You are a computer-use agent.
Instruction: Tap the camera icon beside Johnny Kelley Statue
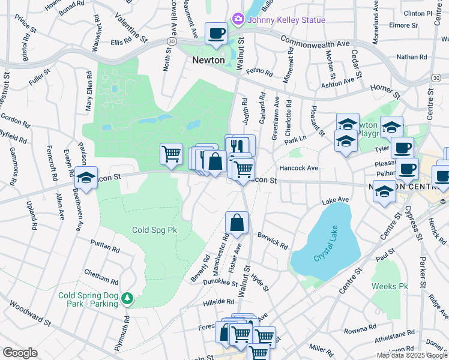pos(238,20)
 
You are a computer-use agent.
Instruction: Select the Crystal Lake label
pos(326,254)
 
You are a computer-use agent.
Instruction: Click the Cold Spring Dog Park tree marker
pos(127,298)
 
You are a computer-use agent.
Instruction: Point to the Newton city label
pos(208,60)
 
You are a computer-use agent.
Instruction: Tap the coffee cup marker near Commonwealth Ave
pos(216,33)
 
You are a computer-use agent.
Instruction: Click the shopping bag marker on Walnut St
pos(237,222)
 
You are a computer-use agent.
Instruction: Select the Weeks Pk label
pos(389,286)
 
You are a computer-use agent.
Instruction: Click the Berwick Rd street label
pos(274,242)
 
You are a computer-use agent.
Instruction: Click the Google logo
pos(20,353)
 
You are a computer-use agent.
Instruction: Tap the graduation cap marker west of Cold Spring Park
pos(86,179)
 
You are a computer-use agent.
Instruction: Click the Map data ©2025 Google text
pos(411,355)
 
